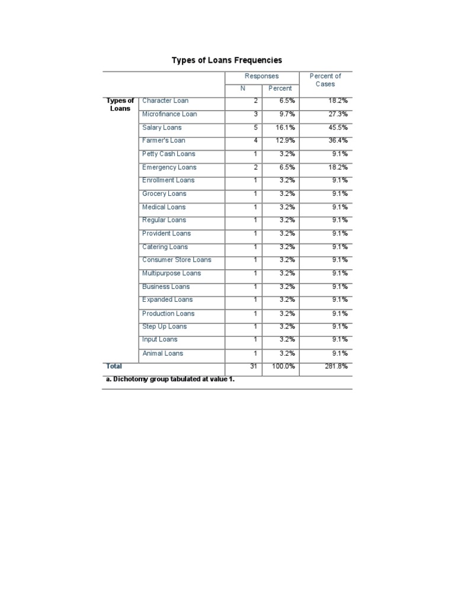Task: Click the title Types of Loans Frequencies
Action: pyautogui.click(x=226, y=60)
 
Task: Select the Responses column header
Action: pyautogui.click(x=261, y=76)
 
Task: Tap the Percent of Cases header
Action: pyautogui.click(x=325, y=80)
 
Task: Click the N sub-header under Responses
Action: pyautogui.click(x=242, y=88)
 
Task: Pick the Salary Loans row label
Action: pyautogui.click(x=162, y=127)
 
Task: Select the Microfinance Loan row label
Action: pyautogui.click(x=169, y=114)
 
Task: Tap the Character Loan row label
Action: pyautogui.click(x=165, y=101)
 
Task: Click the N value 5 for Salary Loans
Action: pyautogui.click(x=255, y=127)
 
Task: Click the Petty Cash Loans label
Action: pyautogui.click(x=168, y=154)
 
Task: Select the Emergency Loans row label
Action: pyautogui.click(x=169, y=167)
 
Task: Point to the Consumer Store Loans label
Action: pyautogui.click(x=177, y=260)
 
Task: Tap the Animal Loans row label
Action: pyautogui.click(x=162, y=353)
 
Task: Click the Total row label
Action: pyautogui.click(x=114, y=366)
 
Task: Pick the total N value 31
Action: pyautogui.click(x=254, y=366)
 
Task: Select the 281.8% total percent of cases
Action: pyautogui.click(x=336, y=366)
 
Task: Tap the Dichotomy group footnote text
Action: pyautogui.click(x=170, y=379)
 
